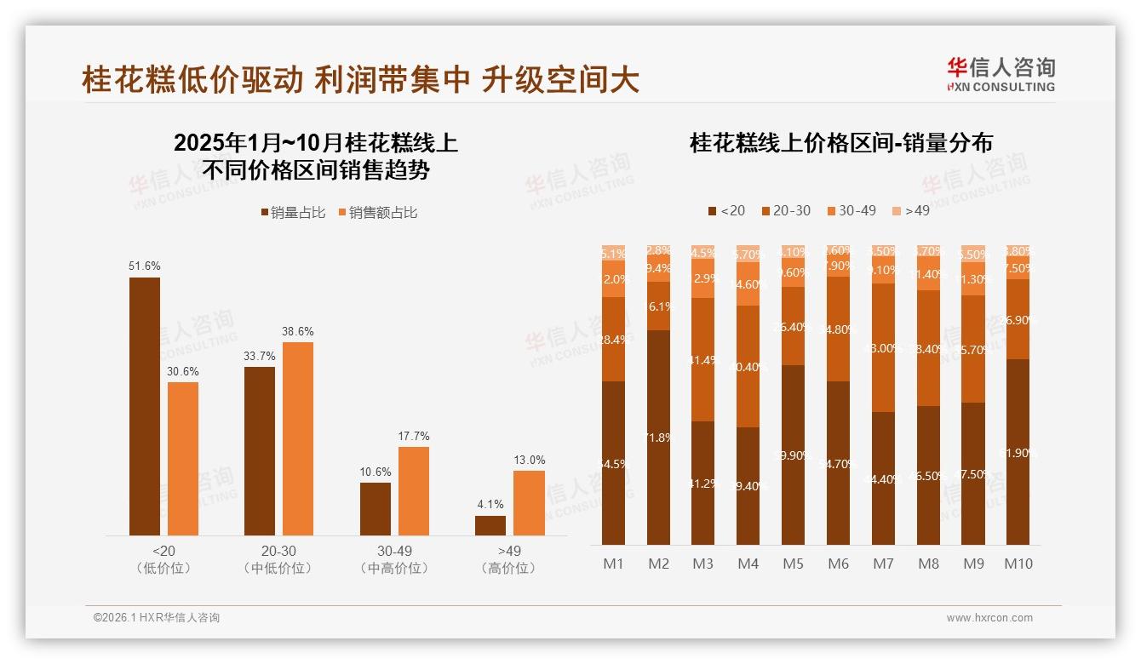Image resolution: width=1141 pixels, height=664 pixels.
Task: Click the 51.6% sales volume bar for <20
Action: point(145,406)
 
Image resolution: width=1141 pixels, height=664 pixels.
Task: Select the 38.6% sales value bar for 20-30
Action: point(298,438)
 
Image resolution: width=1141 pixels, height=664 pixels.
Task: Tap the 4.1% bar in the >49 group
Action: point(490,525)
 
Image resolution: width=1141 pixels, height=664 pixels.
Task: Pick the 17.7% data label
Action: point(414,437)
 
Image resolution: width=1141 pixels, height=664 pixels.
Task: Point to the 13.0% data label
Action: point(529,461)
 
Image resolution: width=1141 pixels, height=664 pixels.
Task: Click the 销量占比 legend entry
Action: point(293,213)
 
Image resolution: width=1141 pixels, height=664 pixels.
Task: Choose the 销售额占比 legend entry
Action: point(378,213)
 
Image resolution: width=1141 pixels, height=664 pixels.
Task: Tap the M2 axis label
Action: point(658,564)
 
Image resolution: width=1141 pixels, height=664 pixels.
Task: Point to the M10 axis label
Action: point(1018,564)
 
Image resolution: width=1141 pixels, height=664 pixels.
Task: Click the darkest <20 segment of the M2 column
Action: point(658,438)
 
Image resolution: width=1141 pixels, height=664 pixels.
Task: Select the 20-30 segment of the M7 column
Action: point(884,348)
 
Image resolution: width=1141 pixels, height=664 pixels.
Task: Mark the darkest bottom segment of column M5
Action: point(794,455)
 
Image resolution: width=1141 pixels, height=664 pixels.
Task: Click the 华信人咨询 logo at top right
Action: point(1001,74)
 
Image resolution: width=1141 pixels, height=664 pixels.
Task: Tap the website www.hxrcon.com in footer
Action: point(989,618)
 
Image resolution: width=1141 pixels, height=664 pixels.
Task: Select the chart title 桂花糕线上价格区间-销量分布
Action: point(841,143)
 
